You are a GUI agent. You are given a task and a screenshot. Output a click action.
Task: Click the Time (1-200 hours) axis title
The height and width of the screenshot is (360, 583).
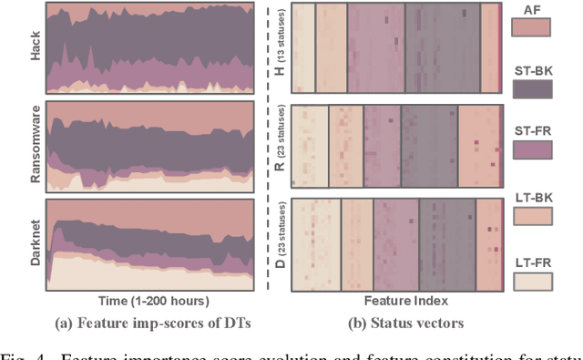(x=151, y=299)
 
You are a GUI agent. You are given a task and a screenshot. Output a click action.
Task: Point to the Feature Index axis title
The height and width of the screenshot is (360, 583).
(x=397, y=299)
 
